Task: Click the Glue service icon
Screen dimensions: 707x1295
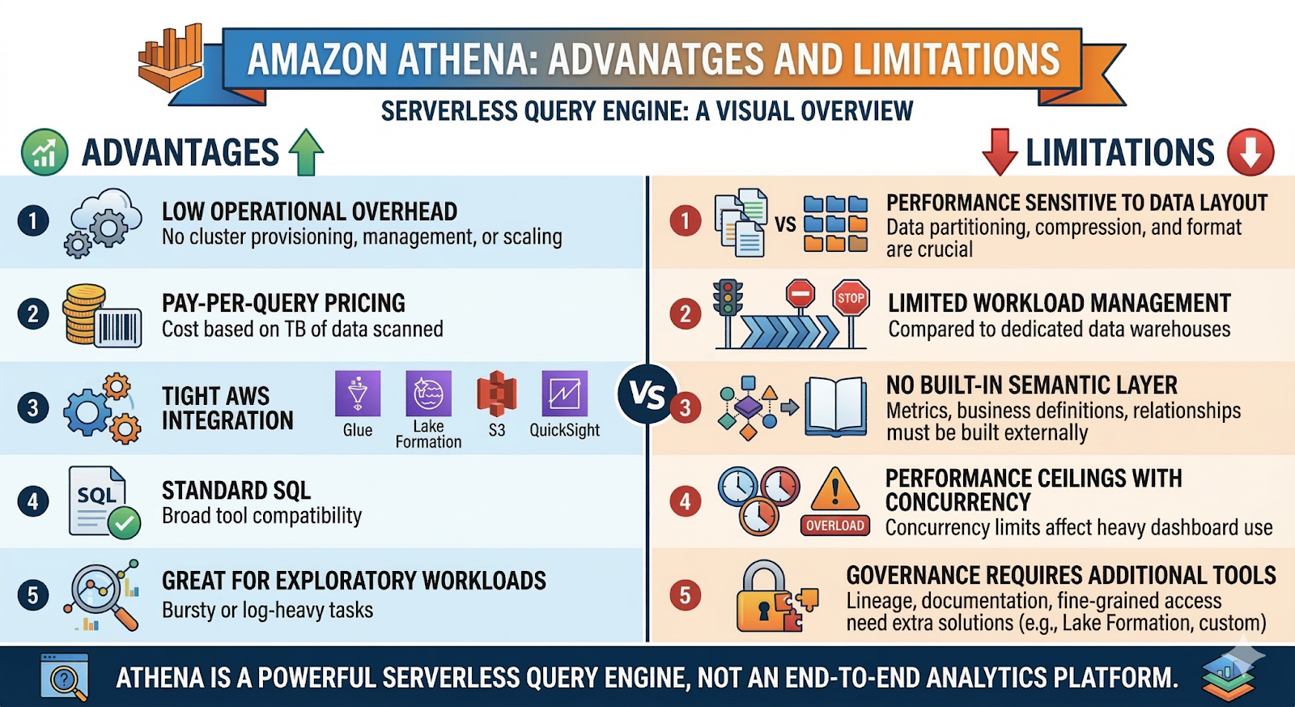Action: coord(358,394)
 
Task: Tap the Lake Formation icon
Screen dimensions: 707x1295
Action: coord(428,394)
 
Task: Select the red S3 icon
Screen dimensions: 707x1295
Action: coord(497,394)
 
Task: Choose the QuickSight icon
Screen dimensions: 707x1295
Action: coord(564,394)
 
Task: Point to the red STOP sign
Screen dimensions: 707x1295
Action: coord(851,299)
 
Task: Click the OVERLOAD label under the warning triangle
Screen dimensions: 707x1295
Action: coord(834,526)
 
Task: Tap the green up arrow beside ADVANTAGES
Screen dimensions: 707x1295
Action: coord(306,152)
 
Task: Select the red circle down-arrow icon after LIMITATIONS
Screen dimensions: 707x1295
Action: coord(1250,152)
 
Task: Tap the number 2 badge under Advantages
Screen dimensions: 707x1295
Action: coord(33,313)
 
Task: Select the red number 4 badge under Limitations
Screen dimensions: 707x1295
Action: coord(685,501)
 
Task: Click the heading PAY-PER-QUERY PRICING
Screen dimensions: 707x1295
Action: coord(283,304)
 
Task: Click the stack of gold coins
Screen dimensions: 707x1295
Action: coord(83,314)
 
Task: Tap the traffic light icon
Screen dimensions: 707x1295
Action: coord(727,300)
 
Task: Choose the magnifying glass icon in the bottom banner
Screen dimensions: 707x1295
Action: coord(65,679)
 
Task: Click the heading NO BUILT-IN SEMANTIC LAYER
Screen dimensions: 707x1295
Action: coord(1031,385)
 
